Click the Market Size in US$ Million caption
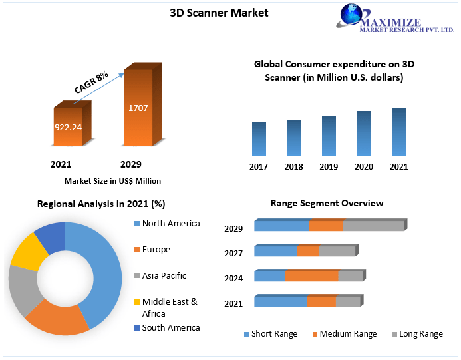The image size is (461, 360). click(x=112, y=180)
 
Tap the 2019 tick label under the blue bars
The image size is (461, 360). click(x=329, y=166)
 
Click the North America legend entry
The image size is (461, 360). click(x=170, y=224)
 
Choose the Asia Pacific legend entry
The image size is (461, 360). click(x=164, y=275)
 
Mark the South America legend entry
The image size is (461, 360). click(x=170, y=327)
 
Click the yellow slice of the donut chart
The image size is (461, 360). click(x=29, y=250)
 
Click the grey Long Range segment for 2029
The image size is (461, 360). click(x=373, y=226)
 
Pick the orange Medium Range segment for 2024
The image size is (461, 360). click(x=311, y=276)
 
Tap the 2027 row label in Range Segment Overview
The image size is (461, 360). click(x=233, y=253)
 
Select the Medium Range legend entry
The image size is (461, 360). click(x=348, y=334)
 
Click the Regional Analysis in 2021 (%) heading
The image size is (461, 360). click(x=101, y=203)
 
